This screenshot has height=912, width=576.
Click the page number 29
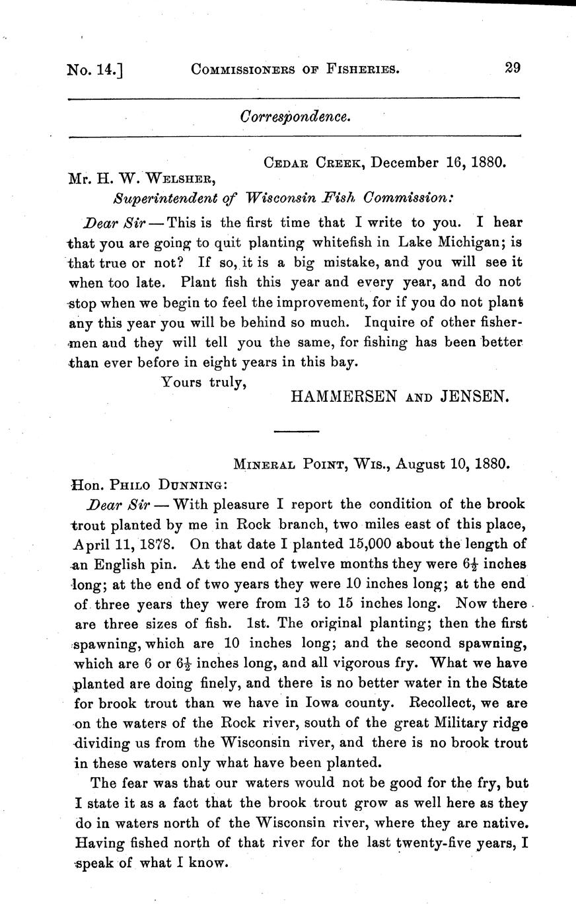(513, 67)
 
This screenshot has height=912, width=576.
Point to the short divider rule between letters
(296, 432)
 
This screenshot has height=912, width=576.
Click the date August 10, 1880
(450, 464)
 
